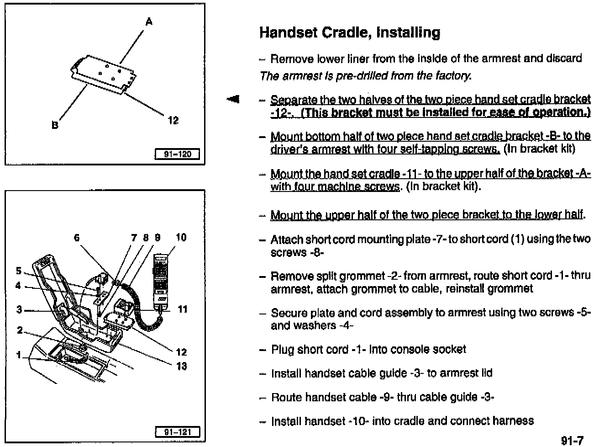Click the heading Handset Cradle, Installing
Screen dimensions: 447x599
pos(350,32)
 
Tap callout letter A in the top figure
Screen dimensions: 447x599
pos(149,21)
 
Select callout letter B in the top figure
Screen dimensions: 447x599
pos(55,125)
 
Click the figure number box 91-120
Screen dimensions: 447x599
pos(177,154)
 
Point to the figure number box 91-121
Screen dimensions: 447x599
pos(177,432)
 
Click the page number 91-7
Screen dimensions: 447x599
pos(572,440)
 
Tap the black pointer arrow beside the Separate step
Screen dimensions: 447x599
pos(234,99)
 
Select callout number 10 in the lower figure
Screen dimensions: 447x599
pos(181,237)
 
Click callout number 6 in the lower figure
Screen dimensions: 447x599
pos(77,238)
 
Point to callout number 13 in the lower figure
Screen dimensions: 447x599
pos(181,366)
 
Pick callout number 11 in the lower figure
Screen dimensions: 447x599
pos(183,309)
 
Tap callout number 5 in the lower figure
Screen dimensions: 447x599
pos(19,271)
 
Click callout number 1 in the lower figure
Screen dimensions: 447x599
pos(19,354)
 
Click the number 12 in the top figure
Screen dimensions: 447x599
pos(173,121)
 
